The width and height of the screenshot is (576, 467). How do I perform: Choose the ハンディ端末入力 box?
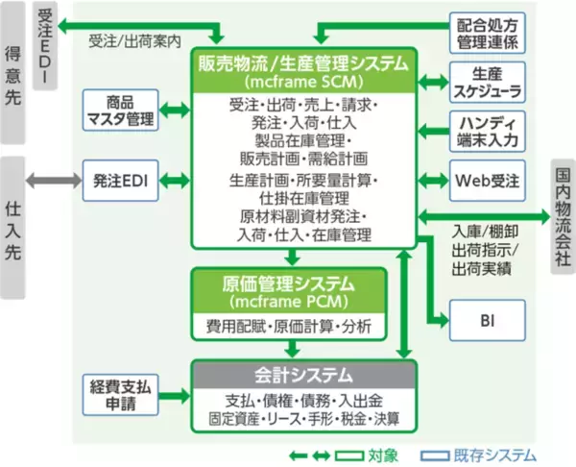487,130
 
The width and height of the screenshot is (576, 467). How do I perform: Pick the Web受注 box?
487,180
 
